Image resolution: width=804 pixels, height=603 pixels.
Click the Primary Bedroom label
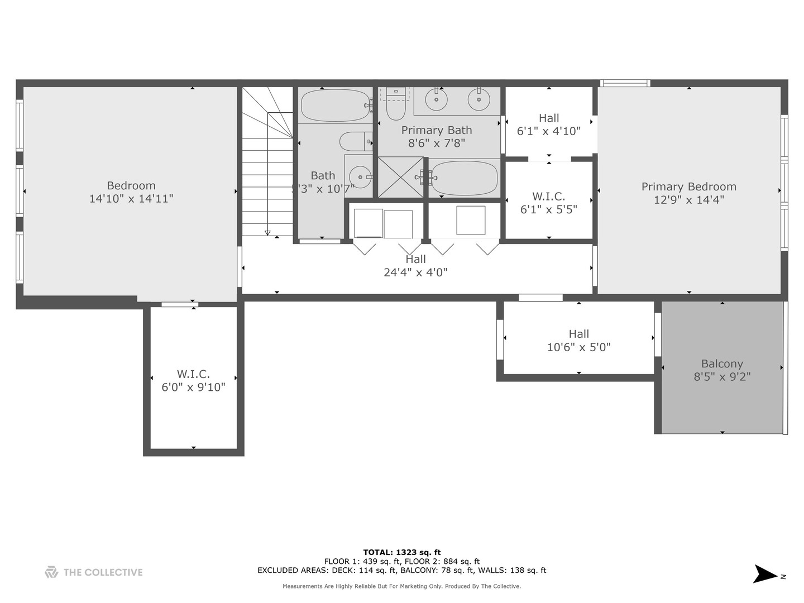[688, 186]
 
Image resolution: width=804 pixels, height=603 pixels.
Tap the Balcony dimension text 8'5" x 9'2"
[722, 377]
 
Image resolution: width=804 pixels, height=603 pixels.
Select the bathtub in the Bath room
[335, 106]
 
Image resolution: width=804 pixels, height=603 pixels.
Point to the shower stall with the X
[401, 177]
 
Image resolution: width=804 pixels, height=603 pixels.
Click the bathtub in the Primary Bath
[464, 178]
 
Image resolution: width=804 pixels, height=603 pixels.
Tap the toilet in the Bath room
[354, 141]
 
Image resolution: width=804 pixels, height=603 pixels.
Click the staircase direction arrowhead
[267, 233]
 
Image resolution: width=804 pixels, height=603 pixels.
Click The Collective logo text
[103, 572]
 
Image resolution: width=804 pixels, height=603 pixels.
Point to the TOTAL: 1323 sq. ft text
[401, 553]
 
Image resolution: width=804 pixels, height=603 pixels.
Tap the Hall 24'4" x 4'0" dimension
[415, 272]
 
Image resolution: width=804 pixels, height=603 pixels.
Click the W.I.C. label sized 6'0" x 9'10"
[193, 374]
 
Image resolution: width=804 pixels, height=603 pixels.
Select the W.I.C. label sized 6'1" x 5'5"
[548, 197]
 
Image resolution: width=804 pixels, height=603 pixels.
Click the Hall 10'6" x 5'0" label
[578, 334]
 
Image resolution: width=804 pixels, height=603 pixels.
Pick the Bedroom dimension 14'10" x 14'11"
[131, 199]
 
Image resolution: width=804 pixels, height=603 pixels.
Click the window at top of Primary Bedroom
[625, 83]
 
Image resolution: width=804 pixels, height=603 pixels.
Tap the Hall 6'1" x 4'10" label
[548, 118]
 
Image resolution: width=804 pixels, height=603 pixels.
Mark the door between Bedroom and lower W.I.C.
[180, 304]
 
